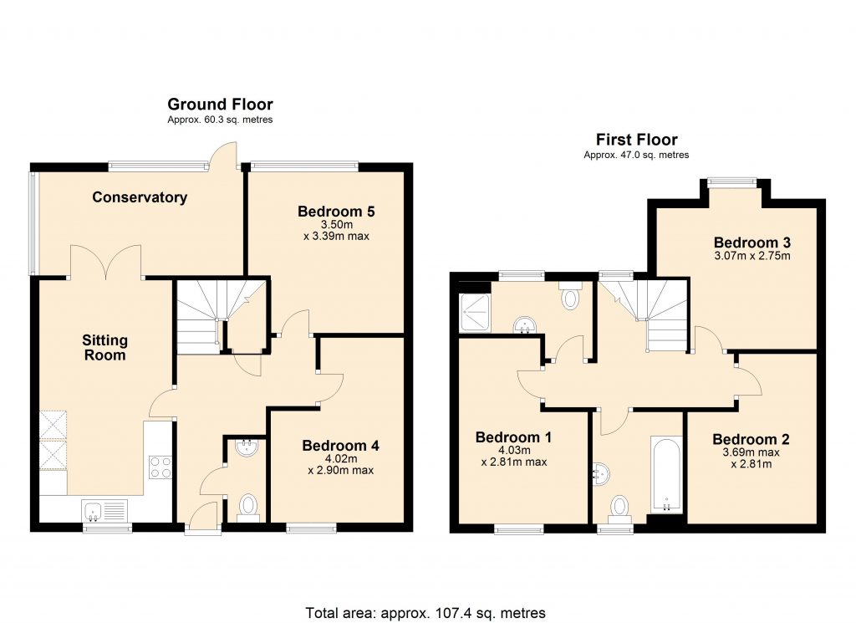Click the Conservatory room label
[x=140, y=197]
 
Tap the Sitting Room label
[x=104, y=348]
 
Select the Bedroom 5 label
[x=336, y=212]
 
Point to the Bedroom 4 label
[x=341, y=446]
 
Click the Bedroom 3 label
[x=752, y=243]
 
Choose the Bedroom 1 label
[x=514, y=437]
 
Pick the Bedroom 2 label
[x=752, y=440]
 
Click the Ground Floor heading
[x=220, y=105]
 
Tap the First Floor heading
[x=636, y=140]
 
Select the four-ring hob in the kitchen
[x=160, y=467]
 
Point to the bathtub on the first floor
[x=666, y=474]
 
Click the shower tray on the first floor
[x=475, y=313]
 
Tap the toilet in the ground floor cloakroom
[x=248, y=507]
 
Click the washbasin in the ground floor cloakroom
[x=247, y=448]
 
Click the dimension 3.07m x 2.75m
[x=752, y=256]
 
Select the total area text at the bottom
[x=425, y=613]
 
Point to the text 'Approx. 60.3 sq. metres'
[x=220, y=120]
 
